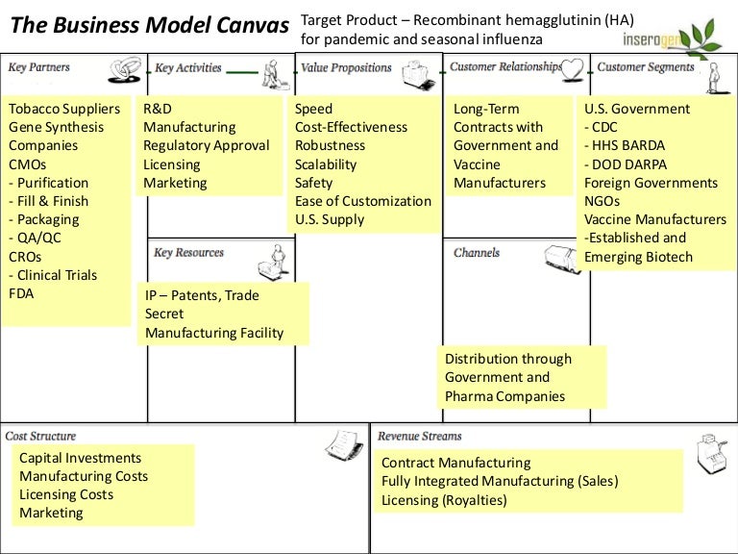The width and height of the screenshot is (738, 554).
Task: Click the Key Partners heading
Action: (38, 67)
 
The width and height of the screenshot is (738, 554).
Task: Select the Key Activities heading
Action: (188, 68)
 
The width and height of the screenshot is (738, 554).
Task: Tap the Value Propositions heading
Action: (346, 68)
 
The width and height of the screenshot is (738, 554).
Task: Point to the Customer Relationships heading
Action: (505, 67)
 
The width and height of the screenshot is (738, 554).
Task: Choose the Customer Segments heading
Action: (646, 67)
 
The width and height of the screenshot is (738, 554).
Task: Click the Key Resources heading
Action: (188, 253)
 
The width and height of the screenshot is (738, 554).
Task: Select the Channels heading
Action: (477, 253)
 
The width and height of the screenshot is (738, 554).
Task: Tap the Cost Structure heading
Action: (40, 437)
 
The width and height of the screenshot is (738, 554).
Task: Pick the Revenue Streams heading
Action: (420, 437)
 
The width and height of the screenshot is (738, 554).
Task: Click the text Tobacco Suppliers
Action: (64, 109)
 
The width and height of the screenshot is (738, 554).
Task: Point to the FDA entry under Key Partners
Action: (21, 293)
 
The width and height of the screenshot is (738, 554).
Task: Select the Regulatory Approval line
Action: (207, 145)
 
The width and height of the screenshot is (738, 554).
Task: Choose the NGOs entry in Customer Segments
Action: (603, 201)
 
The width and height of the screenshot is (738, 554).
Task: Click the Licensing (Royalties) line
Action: (444, 500)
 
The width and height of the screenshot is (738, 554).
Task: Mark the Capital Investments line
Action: (80, 458)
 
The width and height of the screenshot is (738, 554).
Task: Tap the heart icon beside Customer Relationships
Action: (574, 67)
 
